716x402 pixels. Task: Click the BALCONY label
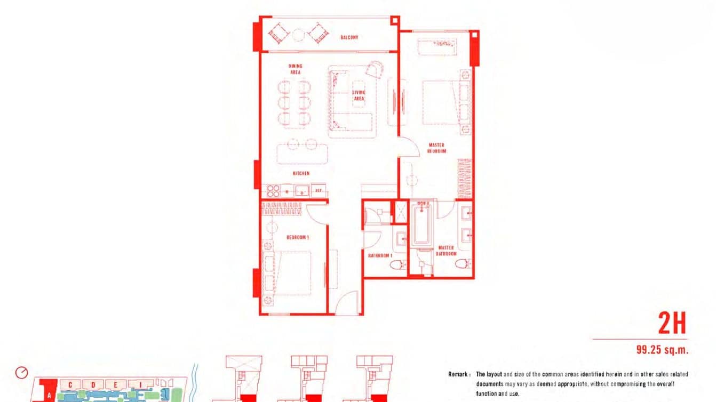349,37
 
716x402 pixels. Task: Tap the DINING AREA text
295,69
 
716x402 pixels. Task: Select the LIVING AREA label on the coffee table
359,95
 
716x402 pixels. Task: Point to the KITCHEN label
301,173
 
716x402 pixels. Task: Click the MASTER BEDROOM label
436,148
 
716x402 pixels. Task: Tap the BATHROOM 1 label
380,255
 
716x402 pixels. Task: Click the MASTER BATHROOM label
446,251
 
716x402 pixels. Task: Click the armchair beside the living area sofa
375,69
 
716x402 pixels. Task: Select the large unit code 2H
672,323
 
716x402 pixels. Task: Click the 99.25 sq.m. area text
662,350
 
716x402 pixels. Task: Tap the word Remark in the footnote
459,374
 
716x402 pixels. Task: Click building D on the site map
93,384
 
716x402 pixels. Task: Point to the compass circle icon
22,372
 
